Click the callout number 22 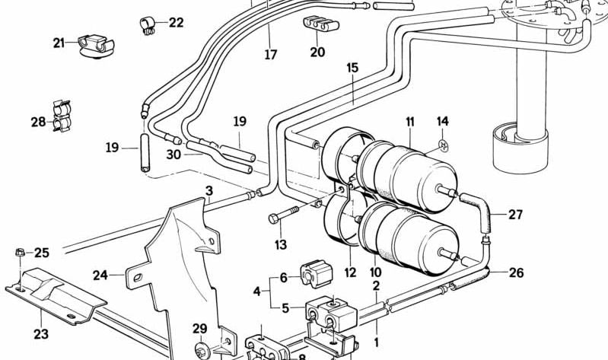click(x=176, y=23)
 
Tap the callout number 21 click(x=59, y=43)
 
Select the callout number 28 click(x=38, y=122)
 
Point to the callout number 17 click(x=271, y=55)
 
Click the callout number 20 click(x=317, y=52)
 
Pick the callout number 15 click(x=352, y=68)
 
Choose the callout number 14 click(x=443, y=121)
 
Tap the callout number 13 click(x=281, y=244)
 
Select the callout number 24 click(x=101, y=275)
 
